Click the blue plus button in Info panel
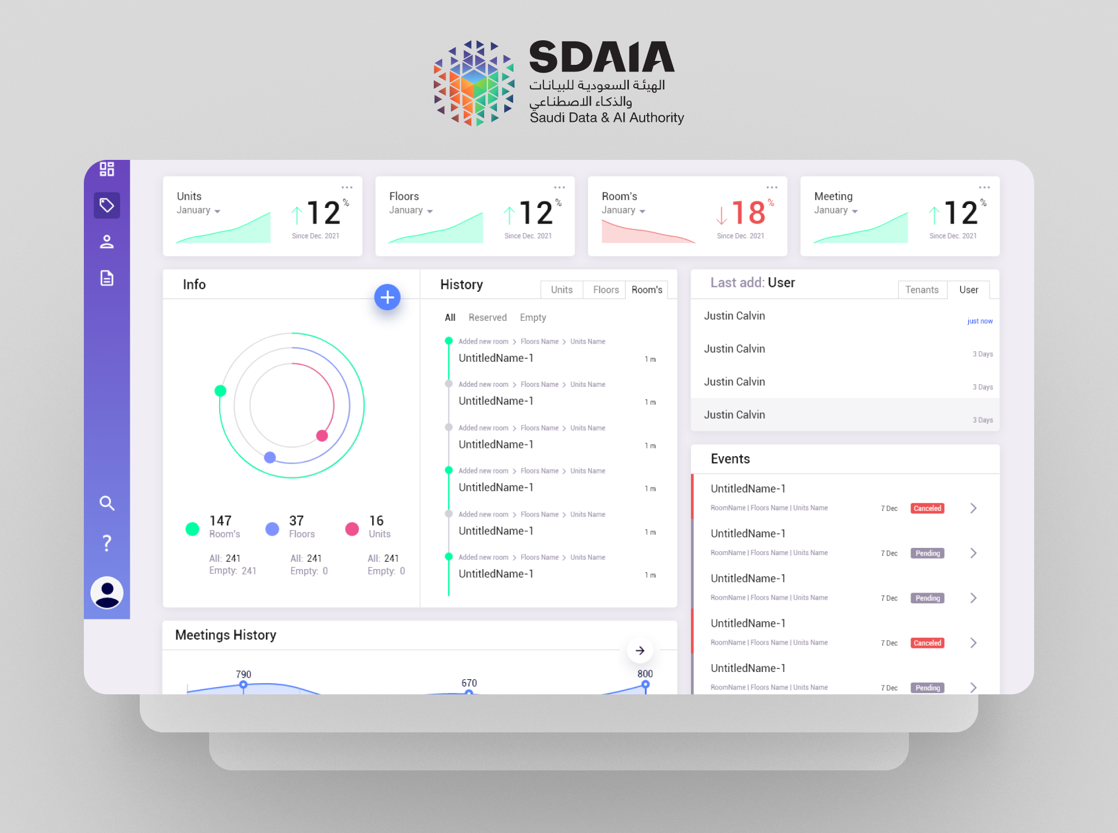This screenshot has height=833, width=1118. point(387,297)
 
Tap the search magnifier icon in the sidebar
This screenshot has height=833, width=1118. point(107,503)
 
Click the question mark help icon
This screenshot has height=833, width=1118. point(107,543)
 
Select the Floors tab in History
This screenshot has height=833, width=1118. point(605,290)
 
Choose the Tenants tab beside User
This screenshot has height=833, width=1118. point(921,290)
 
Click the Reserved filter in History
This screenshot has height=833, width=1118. point(487,318)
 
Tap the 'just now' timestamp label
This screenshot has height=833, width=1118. point(979,321)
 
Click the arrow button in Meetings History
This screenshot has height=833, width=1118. point(640,650)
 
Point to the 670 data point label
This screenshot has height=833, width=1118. point(469,683)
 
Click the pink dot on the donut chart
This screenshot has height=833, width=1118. point(322,436)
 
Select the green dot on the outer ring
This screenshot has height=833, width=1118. point(221,391)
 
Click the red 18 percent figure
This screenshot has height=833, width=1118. point(748,213)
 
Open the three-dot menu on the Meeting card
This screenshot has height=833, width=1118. point(984,188)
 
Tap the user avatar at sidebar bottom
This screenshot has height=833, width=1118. point(107,592)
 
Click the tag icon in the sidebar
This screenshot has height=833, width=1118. point(107,205)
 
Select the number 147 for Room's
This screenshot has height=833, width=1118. point(220,520)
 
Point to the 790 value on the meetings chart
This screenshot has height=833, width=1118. point(243,674)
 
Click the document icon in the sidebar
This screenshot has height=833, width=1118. point(107,278)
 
